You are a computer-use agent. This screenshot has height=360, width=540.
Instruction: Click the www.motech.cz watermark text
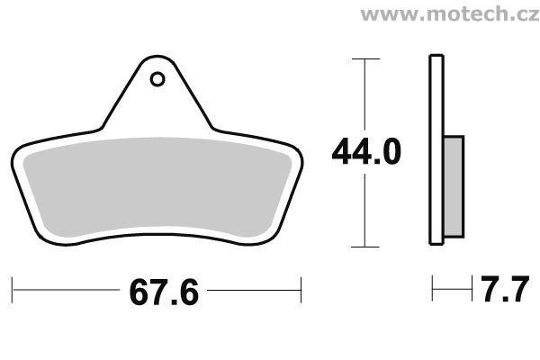coord(450,14)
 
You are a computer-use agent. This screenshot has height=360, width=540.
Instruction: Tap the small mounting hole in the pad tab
coord(157,79)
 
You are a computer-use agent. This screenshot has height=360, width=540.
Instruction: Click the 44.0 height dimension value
coord(366,151)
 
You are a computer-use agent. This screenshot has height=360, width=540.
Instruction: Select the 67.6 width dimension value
coord(164,292)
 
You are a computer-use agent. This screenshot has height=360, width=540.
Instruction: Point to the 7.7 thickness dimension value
coord(505,289)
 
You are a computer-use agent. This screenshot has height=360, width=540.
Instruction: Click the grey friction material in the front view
coord(157,188)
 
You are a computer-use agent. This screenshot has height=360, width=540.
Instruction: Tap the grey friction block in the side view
coord(454,186)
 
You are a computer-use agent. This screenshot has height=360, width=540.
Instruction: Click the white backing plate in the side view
coord(436,149)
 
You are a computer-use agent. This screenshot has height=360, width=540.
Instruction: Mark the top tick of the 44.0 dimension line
coord(365,58)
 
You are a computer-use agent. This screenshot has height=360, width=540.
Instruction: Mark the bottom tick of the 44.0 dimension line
coord(365,247)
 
